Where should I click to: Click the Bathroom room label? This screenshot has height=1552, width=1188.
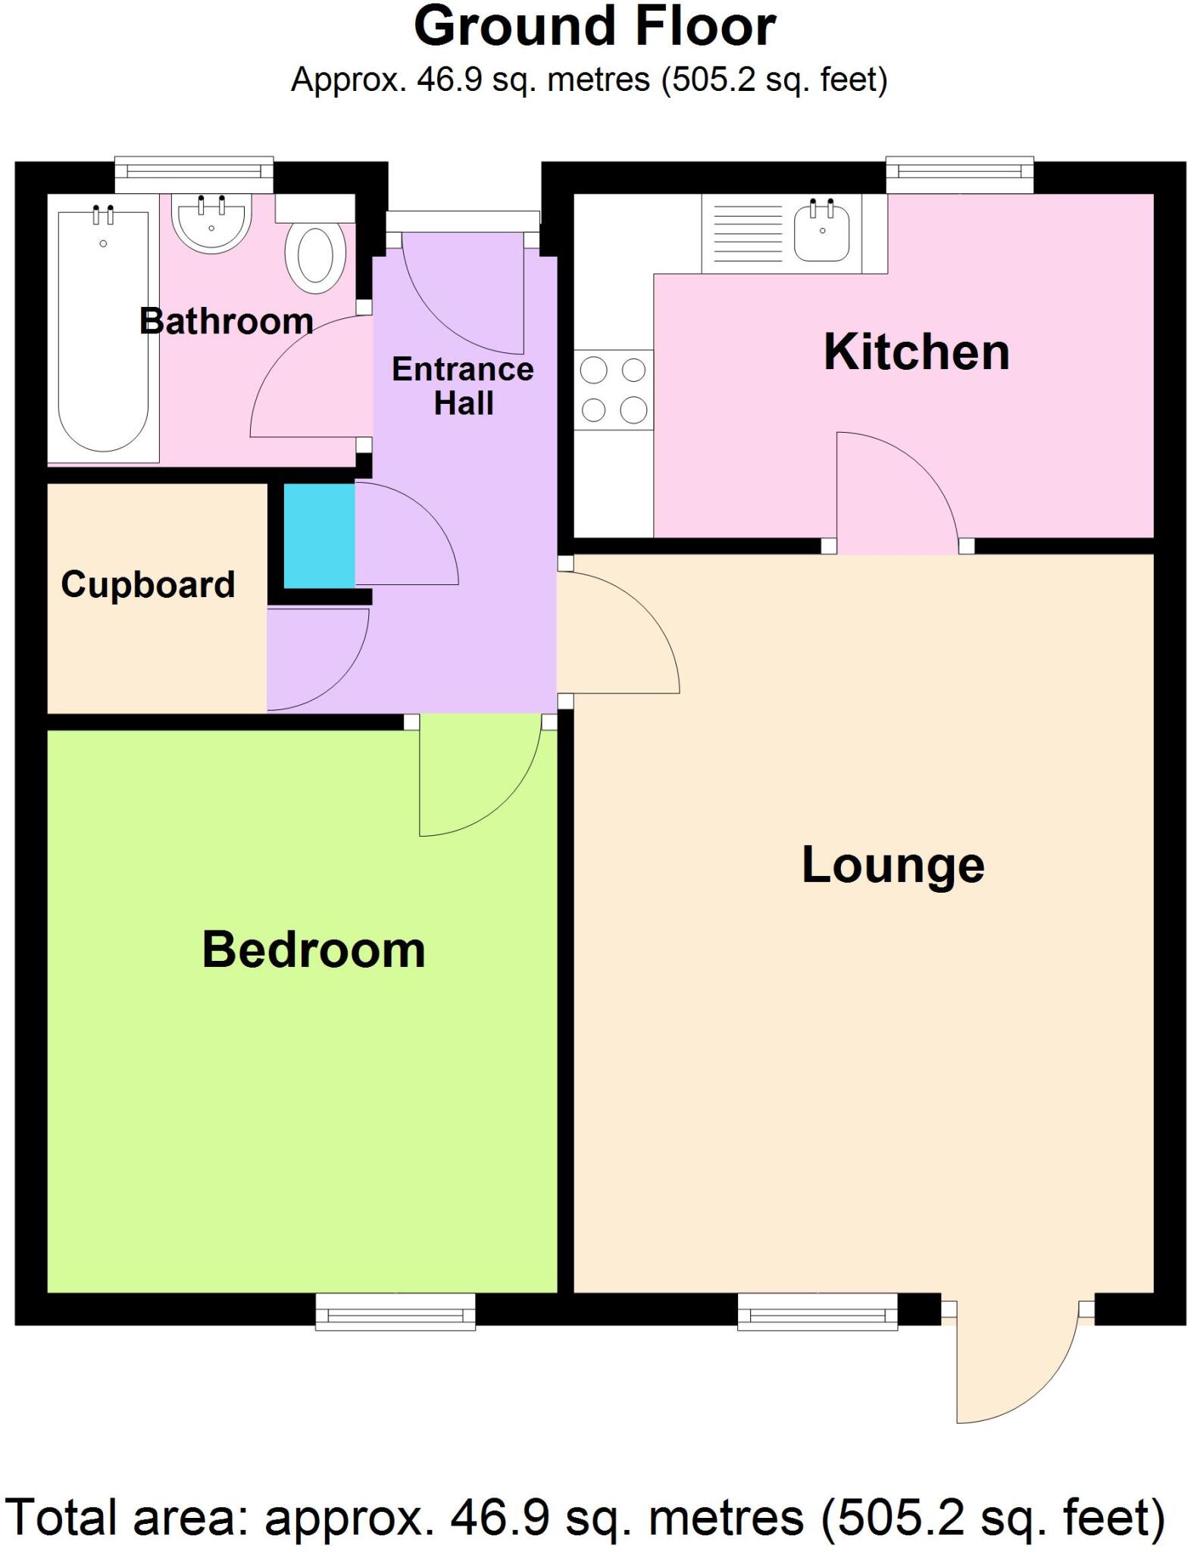[x=226, y=322]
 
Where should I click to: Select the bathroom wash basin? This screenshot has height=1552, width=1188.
[x=211, y=224]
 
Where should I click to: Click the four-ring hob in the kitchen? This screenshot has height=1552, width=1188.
[x=614, y=390]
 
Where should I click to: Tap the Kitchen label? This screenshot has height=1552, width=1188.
[x=916, y=352]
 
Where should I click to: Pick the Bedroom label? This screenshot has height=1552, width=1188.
[x=314, y=950]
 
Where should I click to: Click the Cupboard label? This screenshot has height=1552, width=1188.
[x=148, y=584]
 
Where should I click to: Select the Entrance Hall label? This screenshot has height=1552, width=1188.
[x=463, y=386]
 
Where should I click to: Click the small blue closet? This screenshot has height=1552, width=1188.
[x=319, y=535]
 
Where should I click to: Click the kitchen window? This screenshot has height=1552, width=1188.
[x=959, y=176]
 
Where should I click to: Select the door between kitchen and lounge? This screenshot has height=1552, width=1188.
[x=898, y=493]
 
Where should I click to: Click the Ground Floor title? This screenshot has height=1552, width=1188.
[x=594, y=27]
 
